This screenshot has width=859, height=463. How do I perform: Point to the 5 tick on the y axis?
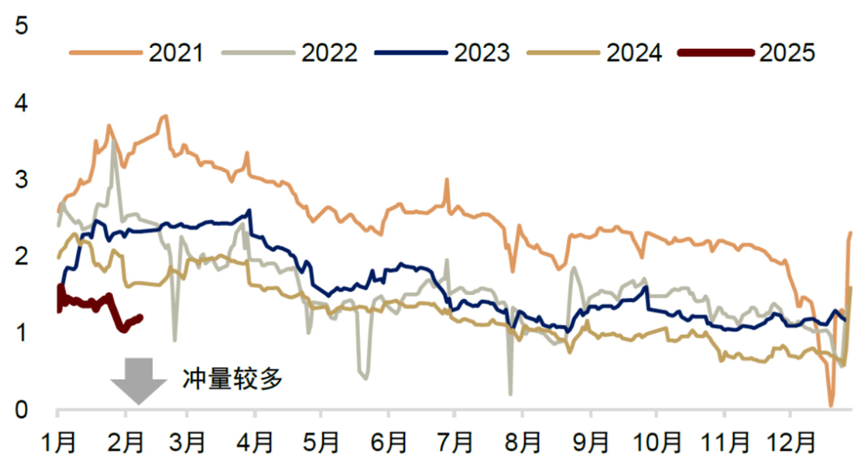(22, 26)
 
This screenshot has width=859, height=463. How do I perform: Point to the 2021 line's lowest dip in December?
(831, 405)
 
